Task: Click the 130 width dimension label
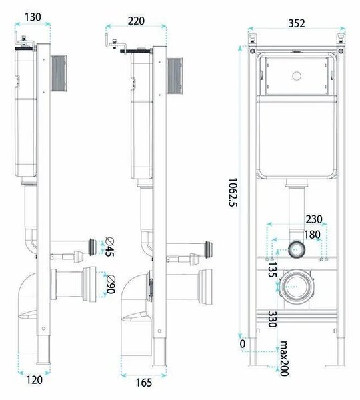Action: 33,17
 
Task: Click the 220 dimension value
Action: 136,21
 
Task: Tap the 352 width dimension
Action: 297,23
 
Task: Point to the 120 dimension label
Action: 34,380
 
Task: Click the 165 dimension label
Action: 144,383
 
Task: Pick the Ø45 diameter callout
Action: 110,247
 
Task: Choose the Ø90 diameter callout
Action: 111,285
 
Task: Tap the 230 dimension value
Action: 314,219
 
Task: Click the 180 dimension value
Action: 313,235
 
